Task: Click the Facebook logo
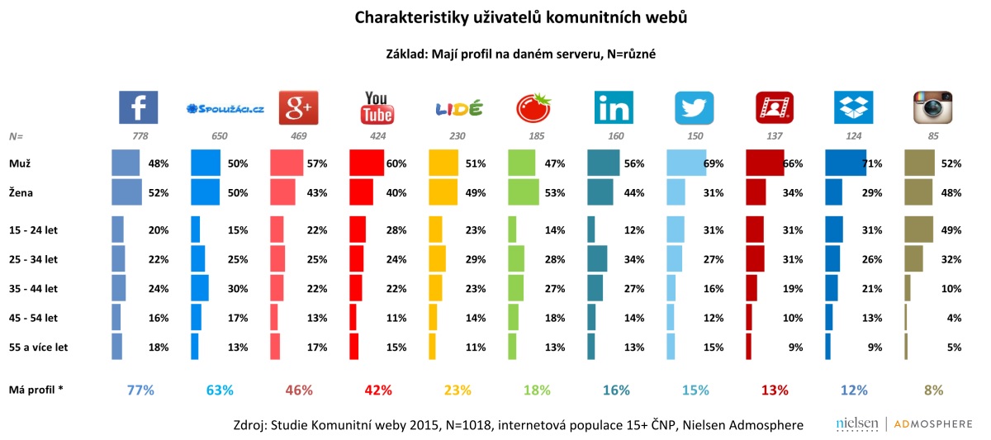[x=138, y=108]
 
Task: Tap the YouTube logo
[x=377, y=108]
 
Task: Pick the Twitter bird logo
[x=694, y=108]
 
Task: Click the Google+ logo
[x=297, y=108]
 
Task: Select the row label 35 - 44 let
[x=36, y=289]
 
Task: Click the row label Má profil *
[x=36, y=388]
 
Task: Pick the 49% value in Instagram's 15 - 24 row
[x=951, y=230]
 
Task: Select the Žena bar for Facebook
[x=126, y=192]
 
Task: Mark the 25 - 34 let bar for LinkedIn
[x=597, y=259]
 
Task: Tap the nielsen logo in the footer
[x=856, y=424]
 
